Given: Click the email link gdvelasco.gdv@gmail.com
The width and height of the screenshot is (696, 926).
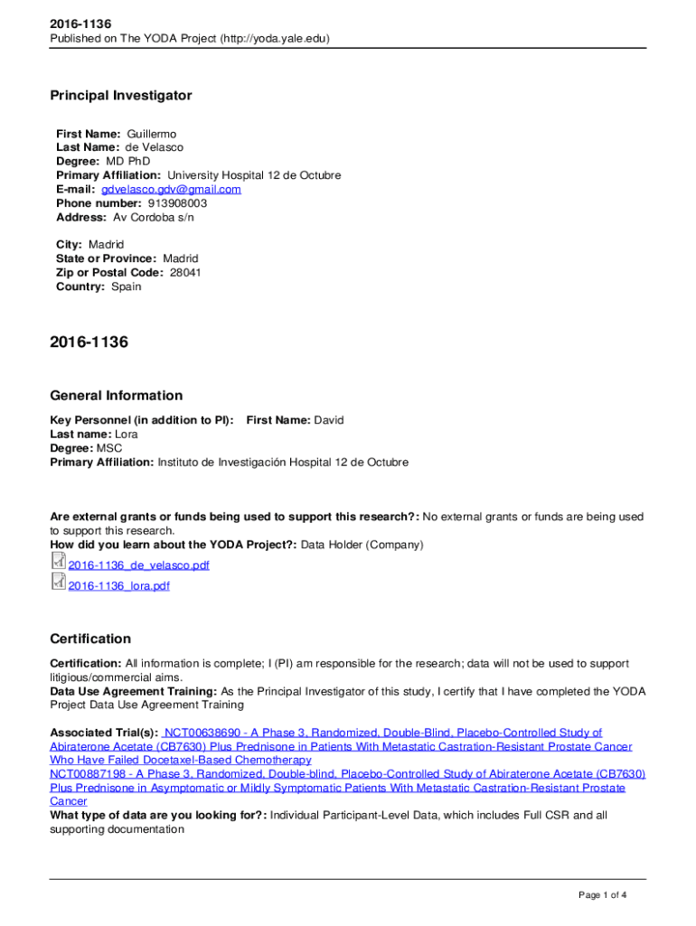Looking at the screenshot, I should coord(171,189).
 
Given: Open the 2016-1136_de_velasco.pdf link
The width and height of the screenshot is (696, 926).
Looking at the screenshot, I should coord(138,565).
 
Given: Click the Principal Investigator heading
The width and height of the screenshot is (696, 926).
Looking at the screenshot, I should coord(120,96).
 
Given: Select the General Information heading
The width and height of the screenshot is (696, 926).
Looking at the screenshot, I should coord(116,395).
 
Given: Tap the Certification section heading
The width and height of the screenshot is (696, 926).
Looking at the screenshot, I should coord(90,638).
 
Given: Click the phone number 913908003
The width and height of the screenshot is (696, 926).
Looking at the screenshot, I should coord(165,203).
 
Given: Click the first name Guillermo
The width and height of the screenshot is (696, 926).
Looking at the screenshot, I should coord(152,134).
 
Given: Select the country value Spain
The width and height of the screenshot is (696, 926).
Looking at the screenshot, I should coord(127,287).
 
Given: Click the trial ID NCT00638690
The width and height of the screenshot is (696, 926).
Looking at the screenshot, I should coord(202,732).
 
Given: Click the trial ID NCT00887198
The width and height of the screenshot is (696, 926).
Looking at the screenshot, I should coord(89,774).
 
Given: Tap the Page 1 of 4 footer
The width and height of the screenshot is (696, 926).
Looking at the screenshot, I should coord(602,895).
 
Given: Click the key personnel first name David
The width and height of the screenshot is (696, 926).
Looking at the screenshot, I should coord(329,420).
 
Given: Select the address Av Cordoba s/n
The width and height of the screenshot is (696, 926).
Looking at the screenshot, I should coord(154,217).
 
